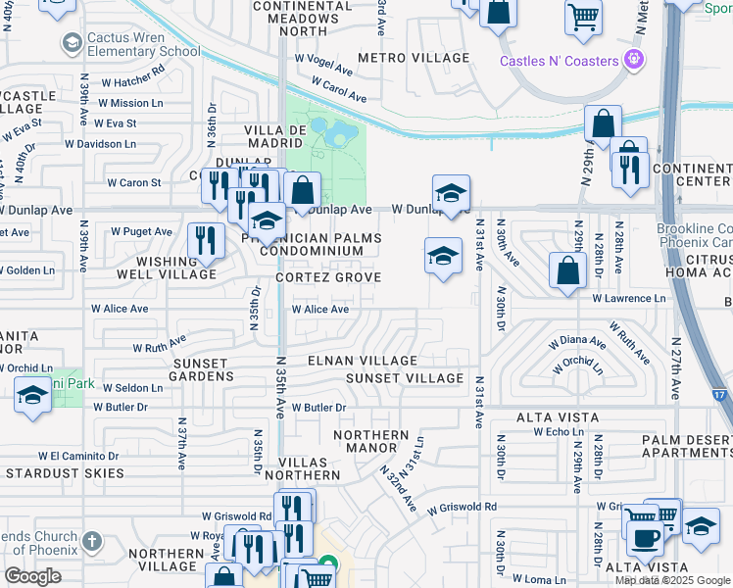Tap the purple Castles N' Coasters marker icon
[x=635, y=61]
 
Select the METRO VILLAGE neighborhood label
[x=414, y=59]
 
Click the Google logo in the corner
[x=32, y=576]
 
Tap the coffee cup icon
[x=645, y=537]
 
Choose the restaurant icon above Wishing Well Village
[x=205, y=241]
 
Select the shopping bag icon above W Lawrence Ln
[x=568, y=269]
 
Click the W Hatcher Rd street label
[x=131, y=82]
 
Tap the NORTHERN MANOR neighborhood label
[x=370, y=443]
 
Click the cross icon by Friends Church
[x=91, y=541]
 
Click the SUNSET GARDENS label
[x=203, y=369]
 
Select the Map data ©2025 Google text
[x=672, y=580]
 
